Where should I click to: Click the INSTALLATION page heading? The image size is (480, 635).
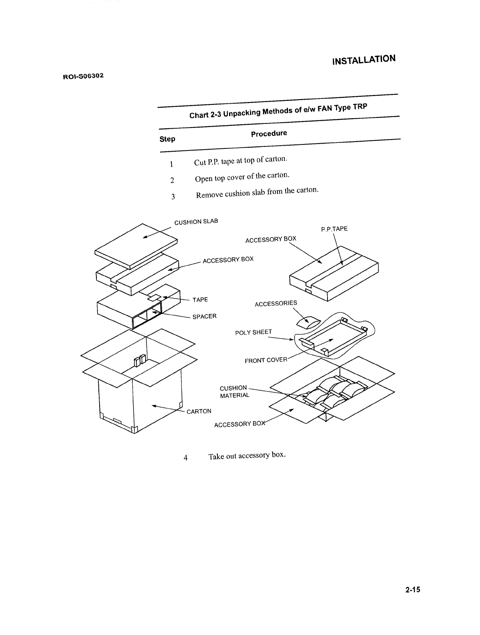[363, 60]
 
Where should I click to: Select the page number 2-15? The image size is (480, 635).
[413, 590]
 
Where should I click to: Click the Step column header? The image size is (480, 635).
[167, 139]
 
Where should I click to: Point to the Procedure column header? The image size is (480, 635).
[269, 134]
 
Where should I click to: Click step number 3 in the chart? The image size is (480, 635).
[173, 197]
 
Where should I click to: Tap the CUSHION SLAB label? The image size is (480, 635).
[196, 222]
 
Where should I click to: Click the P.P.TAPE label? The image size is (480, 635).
[334, 229]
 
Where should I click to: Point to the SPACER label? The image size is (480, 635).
[205, 316]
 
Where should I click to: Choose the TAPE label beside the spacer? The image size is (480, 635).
[200, 300]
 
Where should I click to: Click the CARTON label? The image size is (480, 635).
[199, 411]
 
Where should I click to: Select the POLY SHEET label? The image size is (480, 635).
[253, 332]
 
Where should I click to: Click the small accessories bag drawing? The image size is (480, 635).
[308, 322]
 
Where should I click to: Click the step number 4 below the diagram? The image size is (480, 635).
[185, 458]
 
